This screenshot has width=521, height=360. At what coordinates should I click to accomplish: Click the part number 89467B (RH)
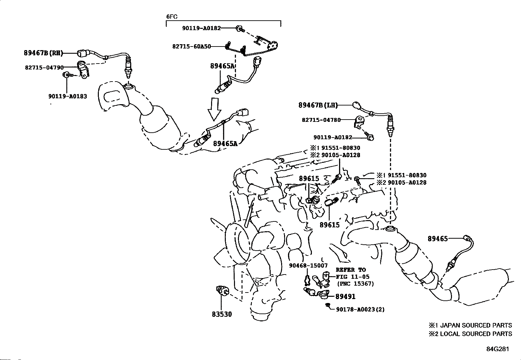coord(44,53)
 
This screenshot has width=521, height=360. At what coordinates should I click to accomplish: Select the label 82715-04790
coord(44,67)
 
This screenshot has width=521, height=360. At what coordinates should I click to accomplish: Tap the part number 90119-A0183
coord(67,96)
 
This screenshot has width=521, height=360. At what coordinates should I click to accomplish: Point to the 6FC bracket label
coord(172,16)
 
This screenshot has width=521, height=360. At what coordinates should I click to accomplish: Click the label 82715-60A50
coord(191,47)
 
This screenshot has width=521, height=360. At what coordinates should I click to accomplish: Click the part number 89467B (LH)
coord(318,105)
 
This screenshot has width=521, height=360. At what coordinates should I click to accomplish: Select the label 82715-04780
coord(321,120)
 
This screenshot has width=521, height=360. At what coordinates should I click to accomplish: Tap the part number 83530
coord(222,314)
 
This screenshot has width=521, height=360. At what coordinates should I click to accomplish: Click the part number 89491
coord(345,296)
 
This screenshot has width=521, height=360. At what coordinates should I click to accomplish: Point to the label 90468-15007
coord(308,265)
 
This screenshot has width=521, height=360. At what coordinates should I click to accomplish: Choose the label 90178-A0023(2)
coord(360,310)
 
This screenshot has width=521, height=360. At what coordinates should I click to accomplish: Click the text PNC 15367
coord(356,284)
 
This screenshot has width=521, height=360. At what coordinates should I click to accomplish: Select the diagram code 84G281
coord(498,349)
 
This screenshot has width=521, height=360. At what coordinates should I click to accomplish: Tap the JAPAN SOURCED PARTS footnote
coord(470,325)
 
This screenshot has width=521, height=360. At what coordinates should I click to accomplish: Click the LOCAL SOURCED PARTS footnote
coord(470,334)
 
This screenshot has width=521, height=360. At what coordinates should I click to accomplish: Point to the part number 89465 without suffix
coord(438,239)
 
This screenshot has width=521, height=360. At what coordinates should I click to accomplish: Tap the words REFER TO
coord(351,270)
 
